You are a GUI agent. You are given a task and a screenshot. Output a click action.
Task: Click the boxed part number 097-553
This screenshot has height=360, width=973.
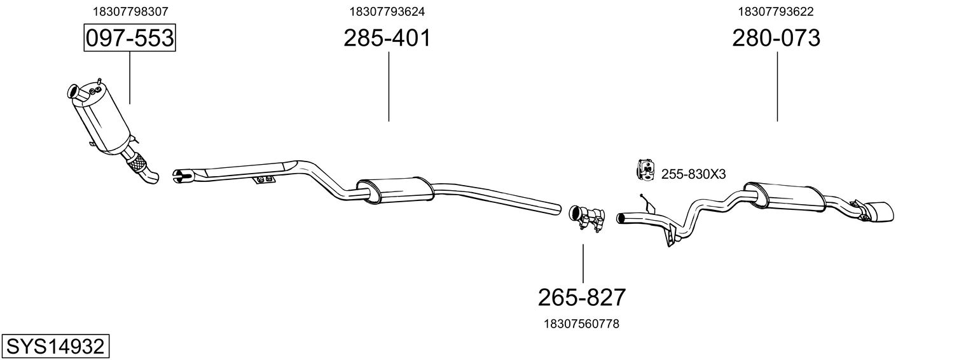tap(130, 38)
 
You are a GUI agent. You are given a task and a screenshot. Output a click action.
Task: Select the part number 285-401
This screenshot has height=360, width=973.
tap(387, 38)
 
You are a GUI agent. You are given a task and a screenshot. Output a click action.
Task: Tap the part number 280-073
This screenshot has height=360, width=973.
tap(776, 38)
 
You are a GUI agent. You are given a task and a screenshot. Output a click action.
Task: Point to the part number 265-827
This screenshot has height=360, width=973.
tap(582, 297)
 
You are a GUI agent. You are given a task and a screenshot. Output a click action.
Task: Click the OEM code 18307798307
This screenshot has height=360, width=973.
tap(130, 11)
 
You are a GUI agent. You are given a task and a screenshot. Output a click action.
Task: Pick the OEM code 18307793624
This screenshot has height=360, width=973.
tap(387, 11)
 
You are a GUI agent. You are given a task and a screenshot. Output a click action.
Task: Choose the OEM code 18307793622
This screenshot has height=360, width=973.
tap(776, 11)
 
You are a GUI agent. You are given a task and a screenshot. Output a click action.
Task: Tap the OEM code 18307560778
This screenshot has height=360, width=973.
tap(581, 324)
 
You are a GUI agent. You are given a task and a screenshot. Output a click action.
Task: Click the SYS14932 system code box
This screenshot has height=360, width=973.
tap(55, 347)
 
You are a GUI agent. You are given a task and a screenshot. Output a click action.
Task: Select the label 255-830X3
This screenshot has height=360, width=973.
tap(693, 174)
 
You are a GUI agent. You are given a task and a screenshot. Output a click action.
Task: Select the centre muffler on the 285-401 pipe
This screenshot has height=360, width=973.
tap(394, 190)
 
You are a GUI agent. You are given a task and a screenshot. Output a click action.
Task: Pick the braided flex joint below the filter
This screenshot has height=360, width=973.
tap(135, 164)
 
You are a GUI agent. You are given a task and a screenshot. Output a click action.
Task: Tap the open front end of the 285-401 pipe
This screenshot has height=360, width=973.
tap(180, 175)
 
